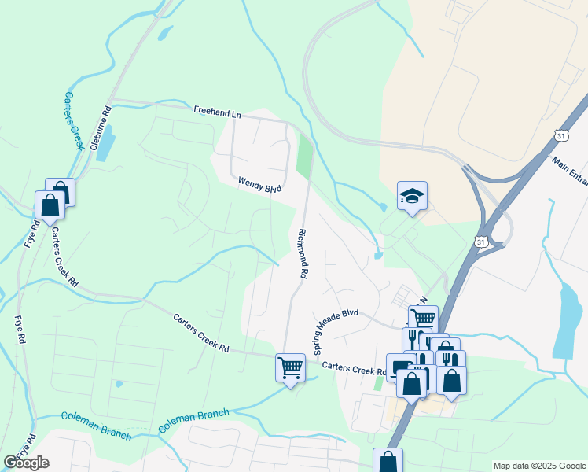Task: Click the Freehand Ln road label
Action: pyautogui.click(x=218, y=114)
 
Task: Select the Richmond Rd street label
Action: pyautogui.click(x=301, y=253)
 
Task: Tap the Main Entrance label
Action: pyautogui.click(x=570, y=171)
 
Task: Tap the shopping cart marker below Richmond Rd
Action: pyautogui.click(x=290, y=367)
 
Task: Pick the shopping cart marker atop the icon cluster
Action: pyautogui.click(x=423, y=319)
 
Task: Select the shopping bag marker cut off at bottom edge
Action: pyautogui.click(x=388, y=461)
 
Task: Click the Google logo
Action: pyautogui.click(x=26, y=463)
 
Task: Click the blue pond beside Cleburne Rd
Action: pyautogui.click(x=105, y=144)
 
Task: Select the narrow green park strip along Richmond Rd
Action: pyautogui.click(x=304, y=156)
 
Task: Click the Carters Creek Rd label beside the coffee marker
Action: pyautogui.click(x=353, y=366)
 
